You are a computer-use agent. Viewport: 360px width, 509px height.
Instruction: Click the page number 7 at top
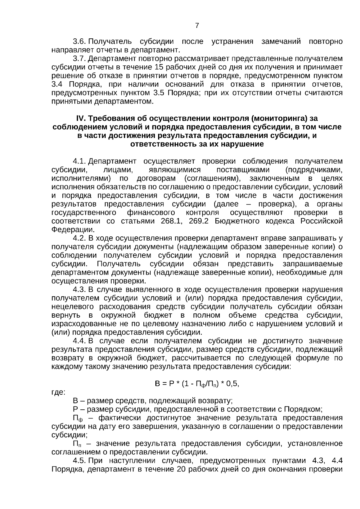pyautogui.click(x=197, y=26)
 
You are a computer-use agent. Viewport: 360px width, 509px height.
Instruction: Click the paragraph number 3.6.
pyautogui.click(x=79, y=41)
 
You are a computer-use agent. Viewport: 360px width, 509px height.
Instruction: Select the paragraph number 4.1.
pyautogui.click(x=79, y=161)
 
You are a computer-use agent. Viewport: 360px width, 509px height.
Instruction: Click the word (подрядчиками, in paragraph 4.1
pyautogui.click(x=314, y=170)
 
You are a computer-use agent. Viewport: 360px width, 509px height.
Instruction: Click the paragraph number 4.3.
pyautogui.click(x=79, y=289)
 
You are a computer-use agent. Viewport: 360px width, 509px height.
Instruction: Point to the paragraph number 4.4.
pyautogui.click(x=79, y=341)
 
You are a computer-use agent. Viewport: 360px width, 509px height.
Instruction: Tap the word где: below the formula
pyautogui.click(x=58, y=392)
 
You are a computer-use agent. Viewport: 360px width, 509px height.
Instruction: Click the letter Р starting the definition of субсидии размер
pyautogui.click(x=75, y=409)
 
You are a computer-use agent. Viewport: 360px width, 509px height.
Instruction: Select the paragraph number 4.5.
pyautogui.click(x=79, y=461)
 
